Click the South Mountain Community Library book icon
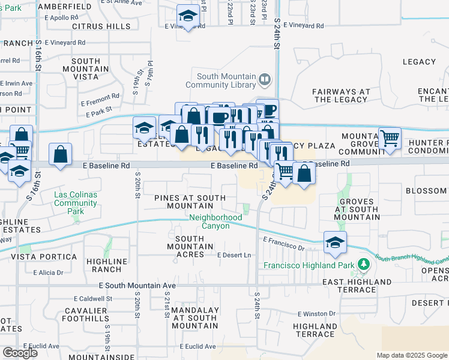[264, 80]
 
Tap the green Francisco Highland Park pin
[363, 265]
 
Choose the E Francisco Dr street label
[284, 243]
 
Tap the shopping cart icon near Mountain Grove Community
[390, 138]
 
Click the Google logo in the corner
[20, 352]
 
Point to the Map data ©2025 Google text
[411, 355]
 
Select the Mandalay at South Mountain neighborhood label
[186, 317]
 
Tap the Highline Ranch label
[107, 265]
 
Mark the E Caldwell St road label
[93, 298]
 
